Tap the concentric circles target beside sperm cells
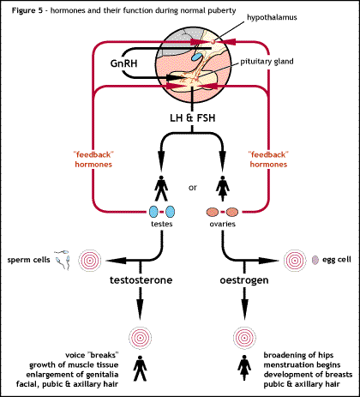90,257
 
